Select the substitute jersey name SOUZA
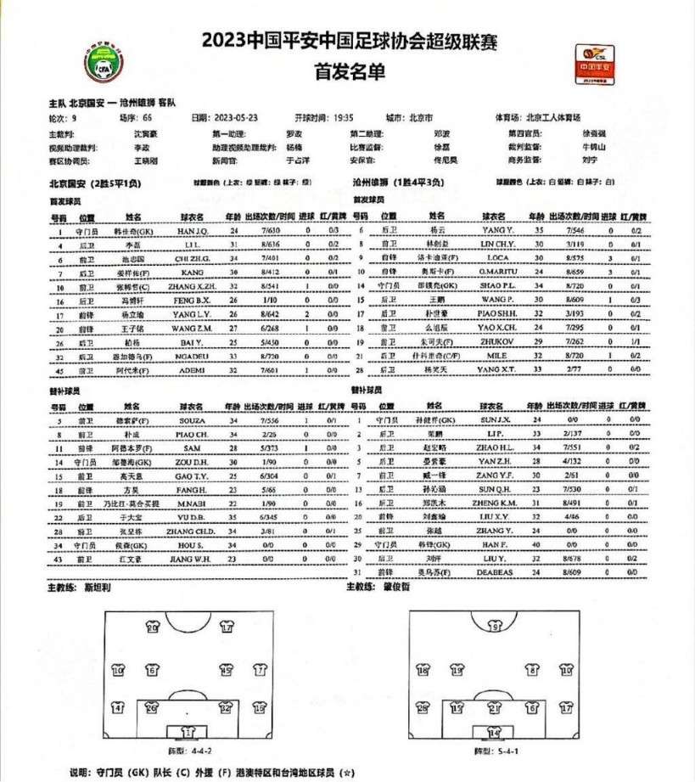[189, 420]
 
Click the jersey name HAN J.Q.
[190, 230]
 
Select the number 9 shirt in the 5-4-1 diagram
[493, 627]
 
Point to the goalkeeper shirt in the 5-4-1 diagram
[493, 731]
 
